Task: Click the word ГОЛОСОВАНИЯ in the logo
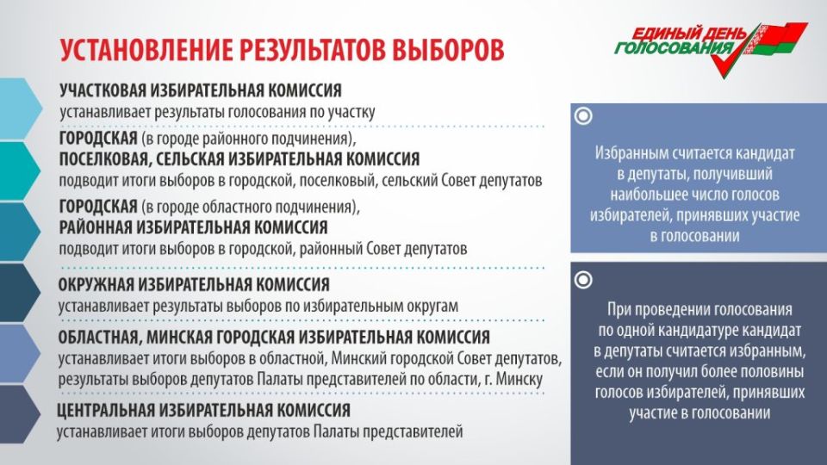click(674, 48)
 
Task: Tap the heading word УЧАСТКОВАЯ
click(103, 90)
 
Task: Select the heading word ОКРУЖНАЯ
click(95, 285)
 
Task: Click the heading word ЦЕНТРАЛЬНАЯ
click(105, 410)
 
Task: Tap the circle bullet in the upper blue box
click(583, 115)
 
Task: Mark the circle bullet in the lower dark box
click(583, 280)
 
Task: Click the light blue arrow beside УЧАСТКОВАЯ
click(20, 109)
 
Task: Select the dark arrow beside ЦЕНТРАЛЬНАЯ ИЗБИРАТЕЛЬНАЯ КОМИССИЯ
click(20, 414)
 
